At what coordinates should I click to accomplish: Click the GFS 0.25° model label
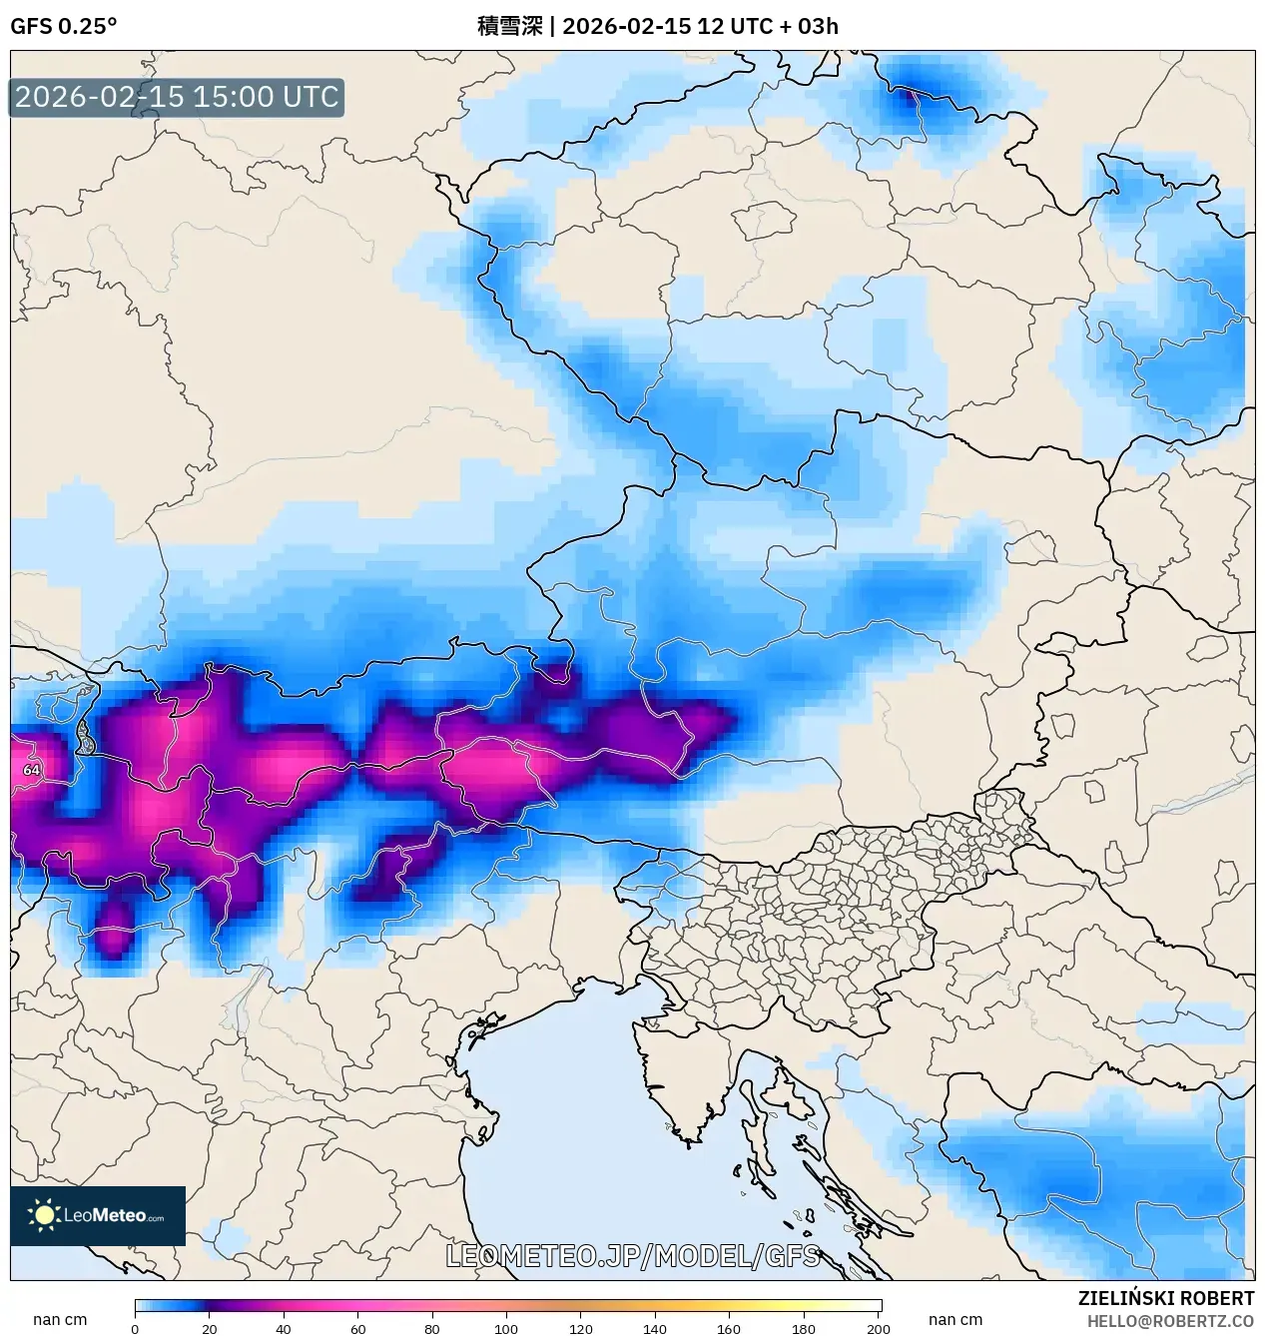tap(63, 26)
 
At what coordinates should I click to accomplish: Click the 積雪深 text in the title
tap(509, 26)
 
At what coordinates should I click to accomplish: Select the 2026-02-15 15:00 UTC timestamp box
tap(177, 97)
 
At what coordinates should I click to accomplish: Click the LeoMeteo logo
tap(98, 1215)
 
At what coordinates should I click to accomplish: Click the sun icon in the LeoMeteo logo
tap(44, 1215)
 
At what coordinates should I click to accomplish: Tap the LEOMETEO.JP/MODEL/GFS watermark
tap(632, 1255)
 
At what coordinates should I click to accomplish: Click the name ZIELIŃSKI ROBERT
tap(1165, 1298)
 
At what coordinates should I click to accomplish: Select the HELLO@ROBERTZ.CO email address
tap(1170, 1321)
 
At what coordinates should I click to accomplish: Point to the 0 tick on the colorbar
tap(135, 1328)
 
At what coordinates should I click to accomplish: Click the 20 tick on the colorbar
tap(210, 1328)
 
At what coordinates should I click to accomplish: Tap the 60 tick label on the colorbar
tap(358, 1328)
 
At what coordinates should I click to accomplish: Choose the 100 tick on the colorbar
tap(506, 1328)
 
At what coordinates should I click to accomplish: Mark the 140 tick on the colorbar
tap(655, 1328)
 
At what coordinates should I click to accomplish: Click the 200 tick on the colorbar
tap(879, 1328)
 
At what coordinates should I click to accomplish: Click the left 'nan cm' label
tap(60, 1319)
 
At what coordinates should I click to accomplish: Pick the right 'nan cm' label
tap(955, 1319)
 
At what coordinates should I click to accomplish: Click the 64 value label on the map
tap(32, 770)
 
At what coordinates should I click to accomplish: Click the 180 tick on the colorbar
tap(804, 1328)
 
